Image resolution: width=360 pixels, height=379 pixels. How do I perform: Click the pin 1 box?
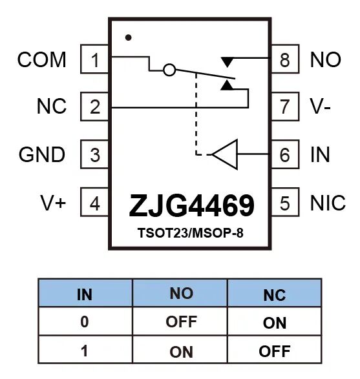[94, 59]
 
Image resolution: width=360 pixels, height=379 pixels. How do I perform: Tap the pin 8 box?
[285, 59]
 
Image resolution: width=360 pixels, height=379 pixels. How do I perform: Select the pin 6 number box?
[285, 154]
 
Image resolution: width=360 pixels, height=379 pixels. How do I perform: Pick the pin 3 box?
[94, 154]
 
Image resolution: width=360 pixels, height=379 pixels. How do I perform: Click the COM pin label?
[41, 59]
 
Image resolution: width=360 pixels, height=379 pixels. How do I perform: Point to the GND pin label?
[42, 154]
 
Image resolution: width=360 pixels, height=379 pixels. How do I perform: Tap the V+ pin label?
[53, 203]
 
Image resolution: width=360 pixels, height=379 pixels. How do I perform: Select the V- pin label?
[321, 107]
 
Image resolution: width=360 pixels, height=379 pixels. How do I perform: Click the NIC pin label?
[328, 203]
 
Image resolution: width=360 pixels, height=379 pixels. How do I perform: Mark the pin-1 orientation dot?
[128, 37]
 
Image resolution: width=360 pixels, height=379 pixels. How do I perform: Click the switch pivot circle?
[169, 70]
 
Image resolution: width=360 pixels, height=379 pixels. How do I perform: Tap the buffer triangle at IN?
[225, 154]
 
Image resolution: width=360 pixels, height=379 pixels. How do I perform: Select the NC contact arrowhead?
[227, 85]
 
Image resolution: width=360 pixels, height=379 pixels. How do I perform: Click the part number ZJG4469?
[191, 206]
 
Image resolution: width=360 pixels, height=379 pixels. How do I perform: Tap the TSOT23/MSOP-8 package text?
[191, 233]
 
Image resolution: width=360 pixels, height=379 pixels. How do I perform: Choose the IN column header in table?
[85, 294]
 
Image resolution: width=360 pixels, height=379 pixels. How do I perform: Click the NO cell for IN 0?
[181, 322]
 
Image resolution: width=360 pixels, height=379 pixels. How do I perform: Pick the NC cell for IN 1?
[275, 351]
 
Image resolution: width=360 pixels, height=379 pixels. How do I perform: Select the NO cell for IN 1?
[181, 352]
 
